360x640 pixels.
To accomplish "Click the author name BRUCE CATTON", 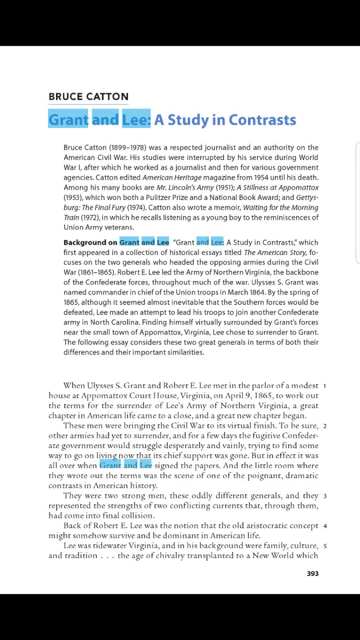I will click(89, 97).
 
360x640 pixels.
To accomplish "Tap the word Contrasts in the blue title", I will click(262, 120).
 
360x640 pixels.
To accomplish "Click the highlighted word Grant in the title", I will click(68, 120).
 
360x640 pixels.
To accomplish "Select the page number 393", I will click(313, 574).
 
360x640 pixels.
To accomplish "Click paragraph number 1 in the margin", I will click(325, 385).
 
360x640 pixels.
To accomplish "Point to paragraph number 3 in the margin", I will click(325, 496).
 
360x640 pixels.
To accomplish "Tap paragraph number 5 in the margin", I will click(325, 546).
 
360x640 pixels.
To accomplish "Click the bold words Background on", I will click(90, 242).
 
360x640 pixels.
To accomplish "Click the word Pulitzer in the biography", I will click(226, 198).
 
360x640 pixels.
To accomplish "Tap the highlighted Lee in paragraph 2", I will click(146, 466).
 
